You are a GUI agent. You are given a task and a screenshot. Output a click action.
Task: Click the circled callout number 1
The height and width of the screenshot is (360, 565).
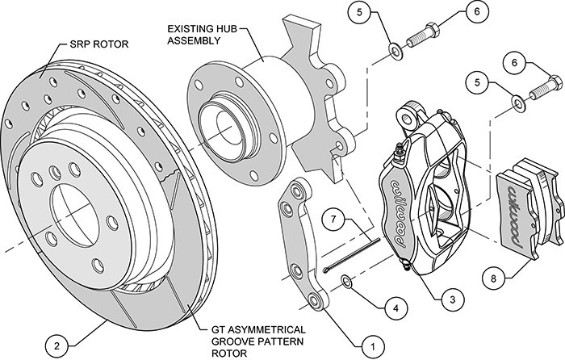click(x=373, y=346)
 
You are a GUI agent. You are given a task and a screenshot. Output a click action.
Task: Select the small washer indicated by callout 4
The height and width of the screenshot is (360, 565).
click(x=345, y=282)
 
